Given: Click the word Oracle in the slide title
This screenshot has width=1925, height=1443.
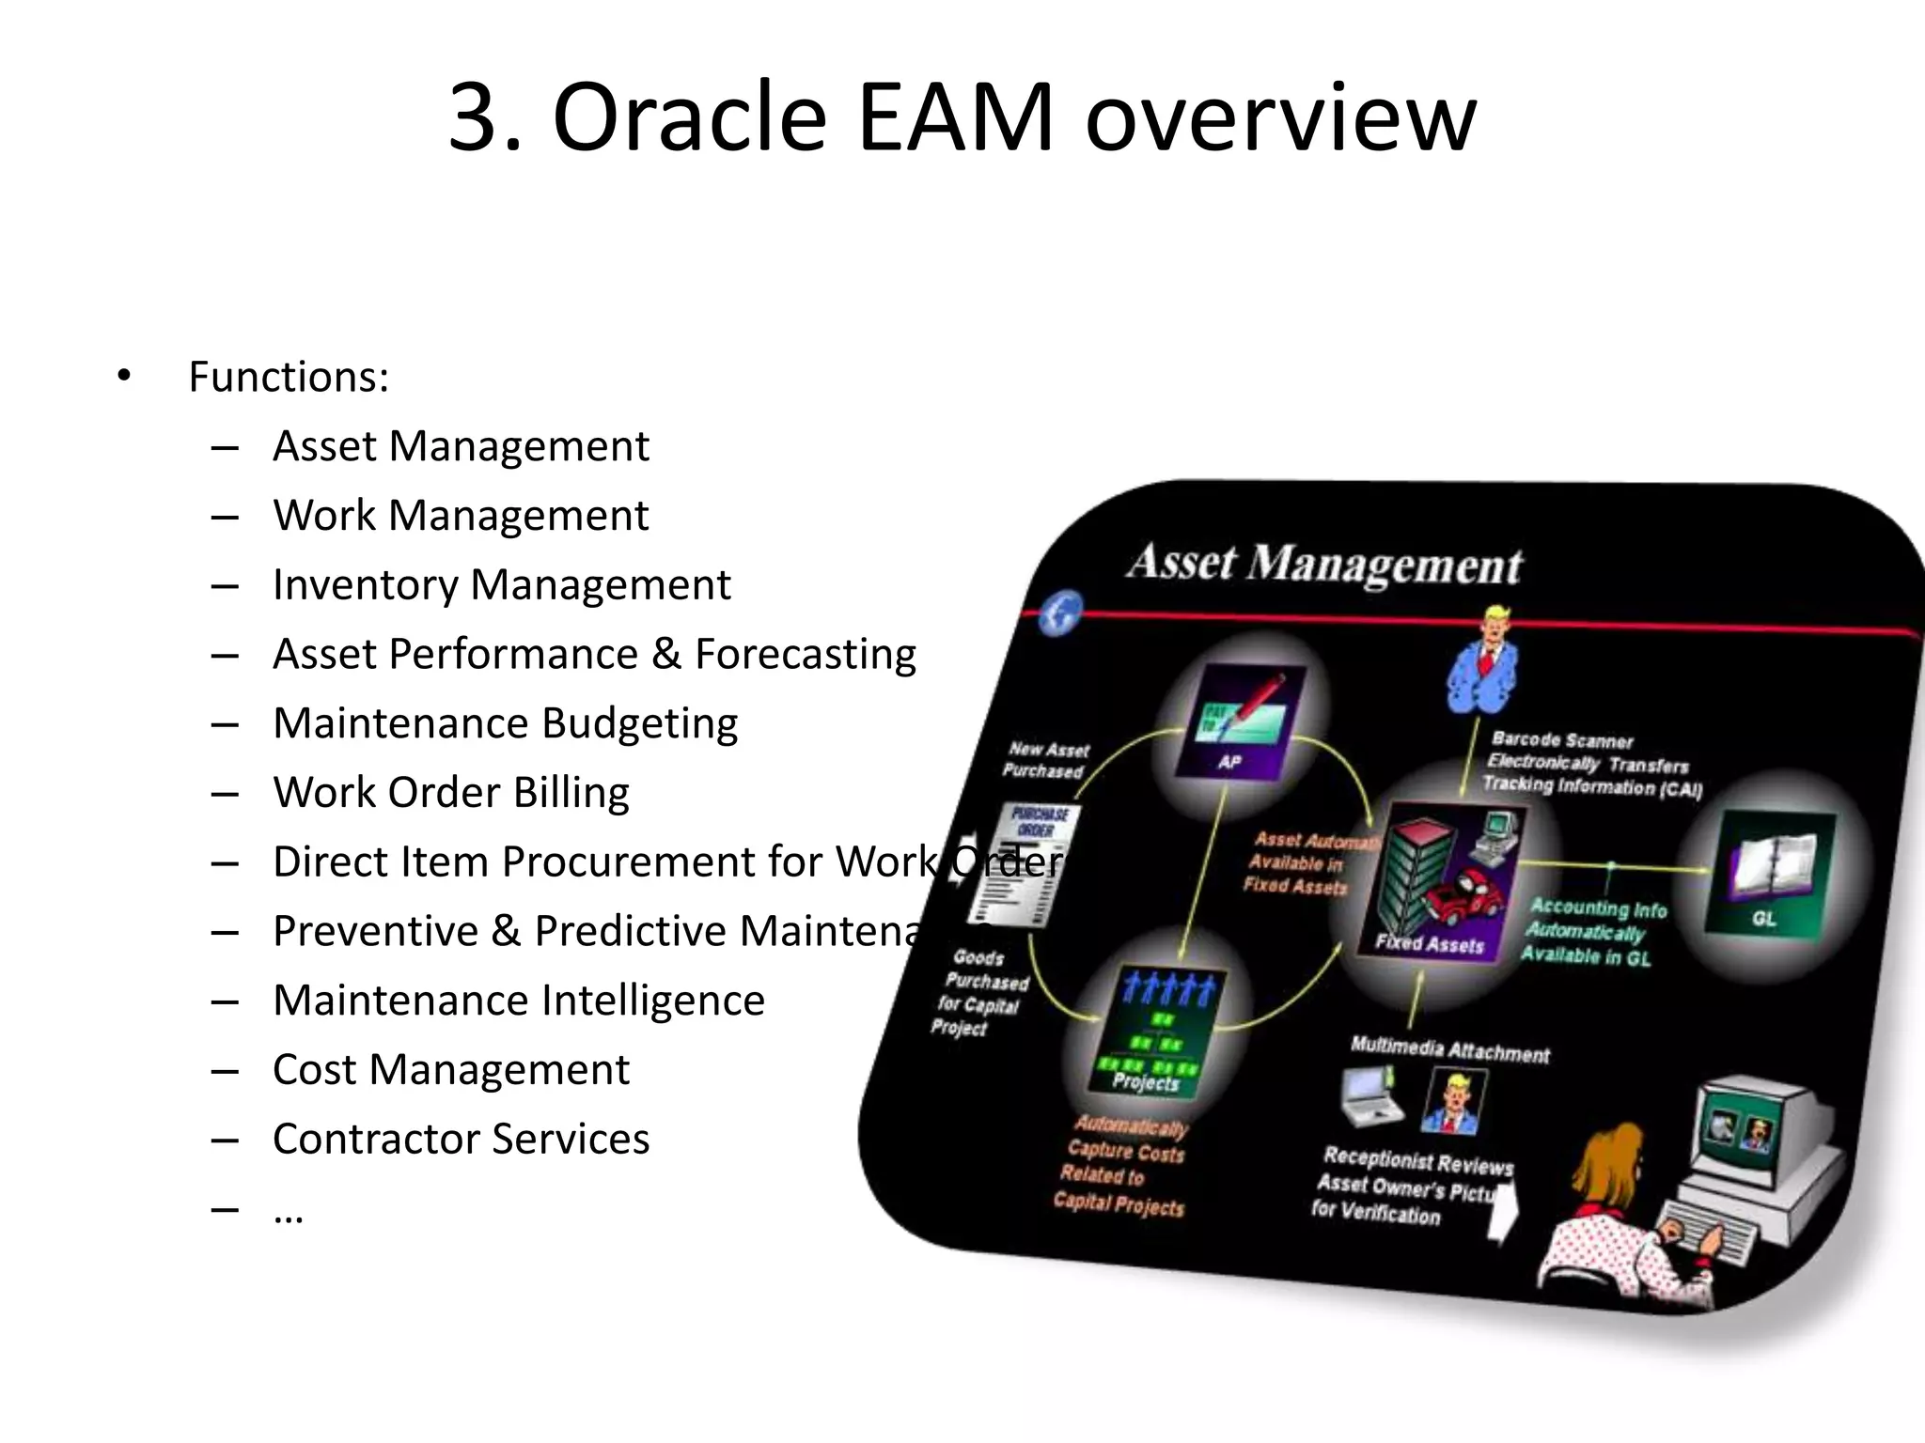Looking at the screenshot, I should (x=690, y=117).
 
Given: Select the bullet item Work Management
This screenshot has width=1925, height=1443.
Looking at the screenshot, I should (x=461, y=515).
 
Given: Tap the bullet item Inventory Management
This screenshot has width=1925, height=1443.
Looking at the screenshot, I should (x=501, y=584).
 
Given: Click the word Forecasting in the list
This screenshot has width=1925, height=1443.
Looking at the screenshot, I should (x=806, y=654).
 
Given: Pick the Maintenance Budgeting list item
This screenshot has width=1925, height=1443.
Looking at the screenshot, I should (x=505, y=723).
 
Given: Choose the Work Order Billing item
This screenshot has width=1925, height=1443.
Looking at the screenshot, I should (x=451, y=792).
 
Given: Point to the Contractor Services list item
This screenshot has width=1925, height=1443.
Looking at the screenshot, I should (x=461, y=1139).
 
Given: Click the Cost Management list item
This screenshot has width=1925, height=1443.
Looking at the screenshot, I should (x=451, y=1069).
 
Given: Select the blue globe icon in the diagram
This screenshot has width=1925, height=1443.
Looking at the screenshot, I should (x=1062, y=613).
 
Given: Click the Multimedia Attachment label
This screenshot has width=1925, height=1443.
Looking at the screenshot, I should (x=1449, y=1049).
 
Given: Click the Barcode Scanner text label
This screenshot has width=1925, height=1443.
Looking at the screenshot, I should (x=1562, y=740).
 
